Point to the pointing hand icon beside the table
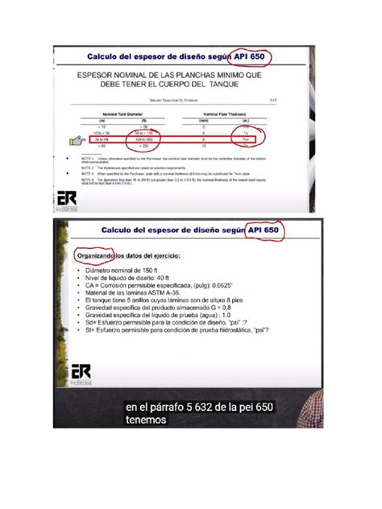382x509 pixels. pos(78,141)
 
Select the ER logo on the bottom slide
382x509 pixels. pos(81,373)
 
